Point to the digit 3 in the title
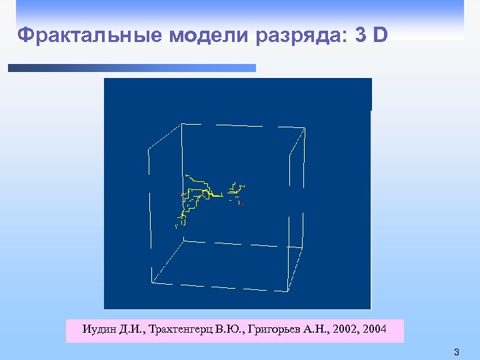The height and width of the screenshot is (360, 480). tap(361, 35)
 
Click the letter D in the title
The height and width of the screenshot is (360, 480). tap(380, 35)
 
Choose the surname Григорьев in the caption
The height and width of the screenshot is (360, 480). tap(275, 329)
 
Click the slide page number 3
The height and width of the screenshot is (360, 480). tap(457, 351)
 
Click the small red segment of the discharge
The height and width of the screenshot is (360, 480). tap(241, 204)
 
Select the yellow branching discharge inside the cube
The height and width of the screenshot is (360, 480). tap(200, 193)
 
